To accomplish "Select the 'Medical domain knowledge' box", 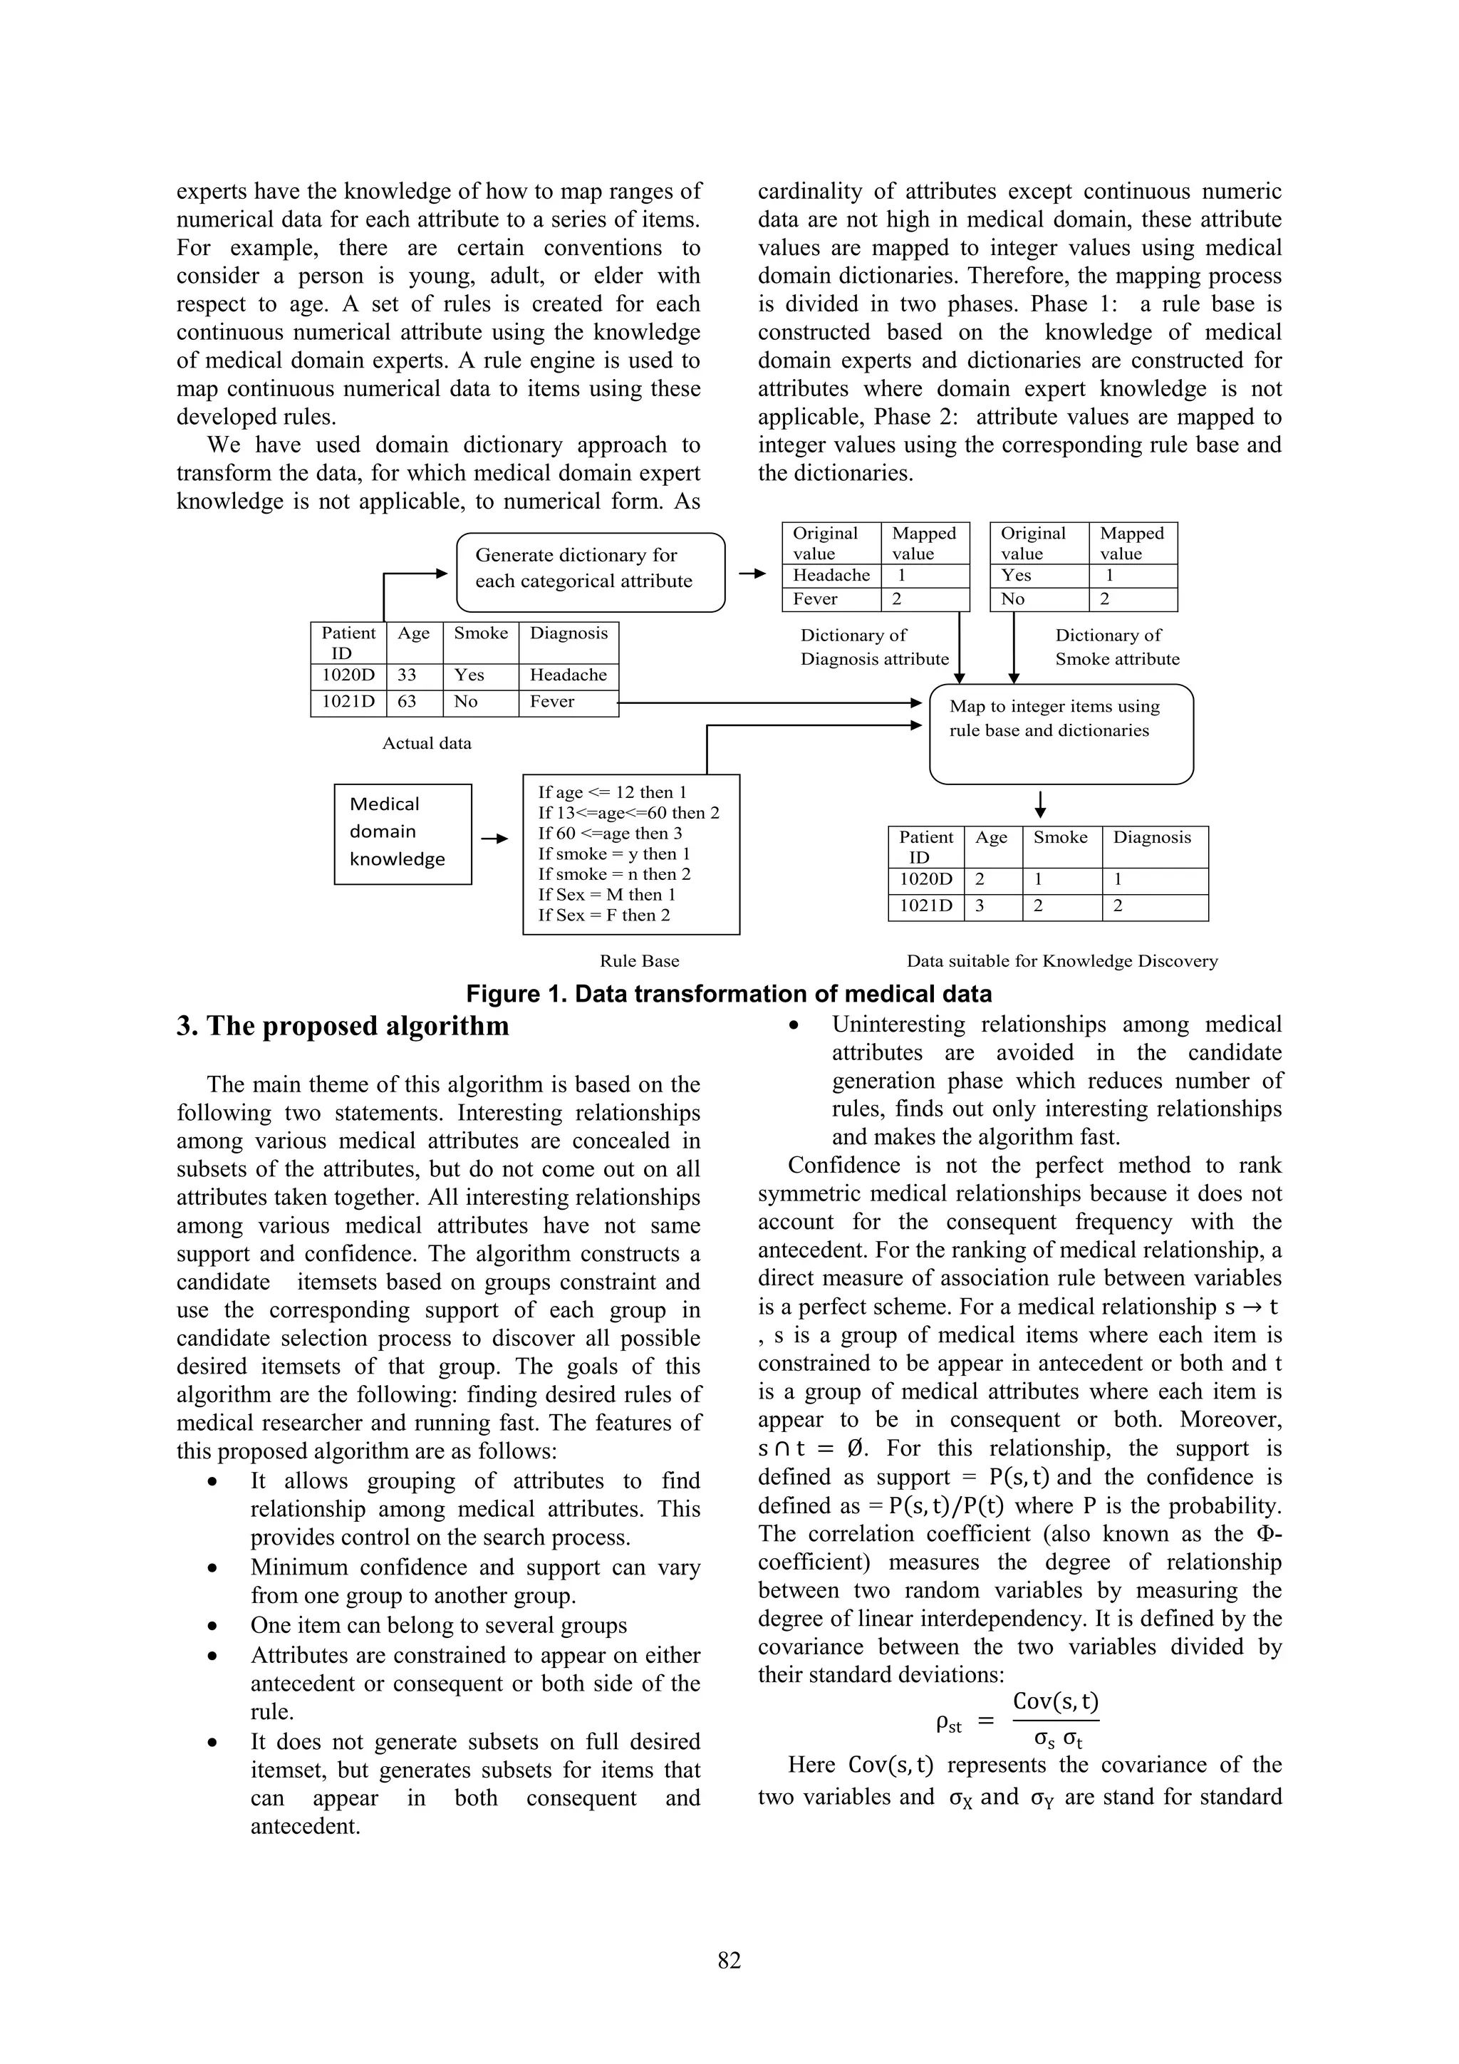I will pos(402,834).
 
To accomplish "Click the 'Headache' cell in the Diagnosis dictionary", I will pos(831,576).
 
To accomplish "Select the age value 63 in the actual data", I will pos(407,702).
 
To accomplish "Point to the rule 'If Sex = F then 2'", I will pos(603,915).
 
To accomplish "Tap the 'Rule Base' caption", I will pos(639,961).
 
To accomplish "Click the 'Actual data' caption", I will pos(426,743).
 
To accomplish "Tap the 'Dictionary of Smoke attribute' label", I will pos(1116,647).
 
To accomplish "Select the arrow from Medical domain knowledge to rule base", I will pos(494,839).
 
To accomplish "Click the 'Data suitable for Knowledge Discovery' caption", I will pos(1061,961).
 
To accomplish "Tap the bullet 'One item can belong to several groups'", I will pos(438,1625).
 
